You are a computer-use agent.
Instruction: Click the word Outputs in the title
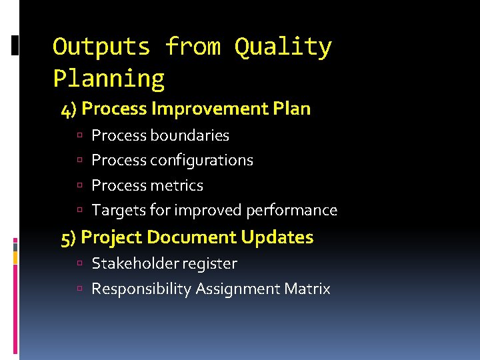pyautogui.click(x=101, y=47)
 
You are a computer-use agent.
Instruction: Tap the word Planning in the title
pyautogui.click(x=109, y=79)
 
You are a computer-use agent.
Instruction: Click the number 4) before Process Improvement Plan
pyautogui.click(x=69, y=109)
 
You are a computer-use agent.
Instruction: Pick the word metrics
pyautogui.click(x=177, y=185)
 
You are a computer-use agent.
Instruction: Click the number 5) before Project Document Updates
pyautogui.click(x=69, y=237)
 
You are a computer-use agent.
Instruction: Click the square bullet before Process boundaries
pyautogui.click(x=79, y=136)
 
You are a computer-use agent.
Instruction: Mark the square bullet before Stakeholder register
pyautogui.click(x=79, y=265)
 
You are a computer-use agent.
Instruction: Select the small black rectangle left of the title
pyautogui.click(x=15, y=45)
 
